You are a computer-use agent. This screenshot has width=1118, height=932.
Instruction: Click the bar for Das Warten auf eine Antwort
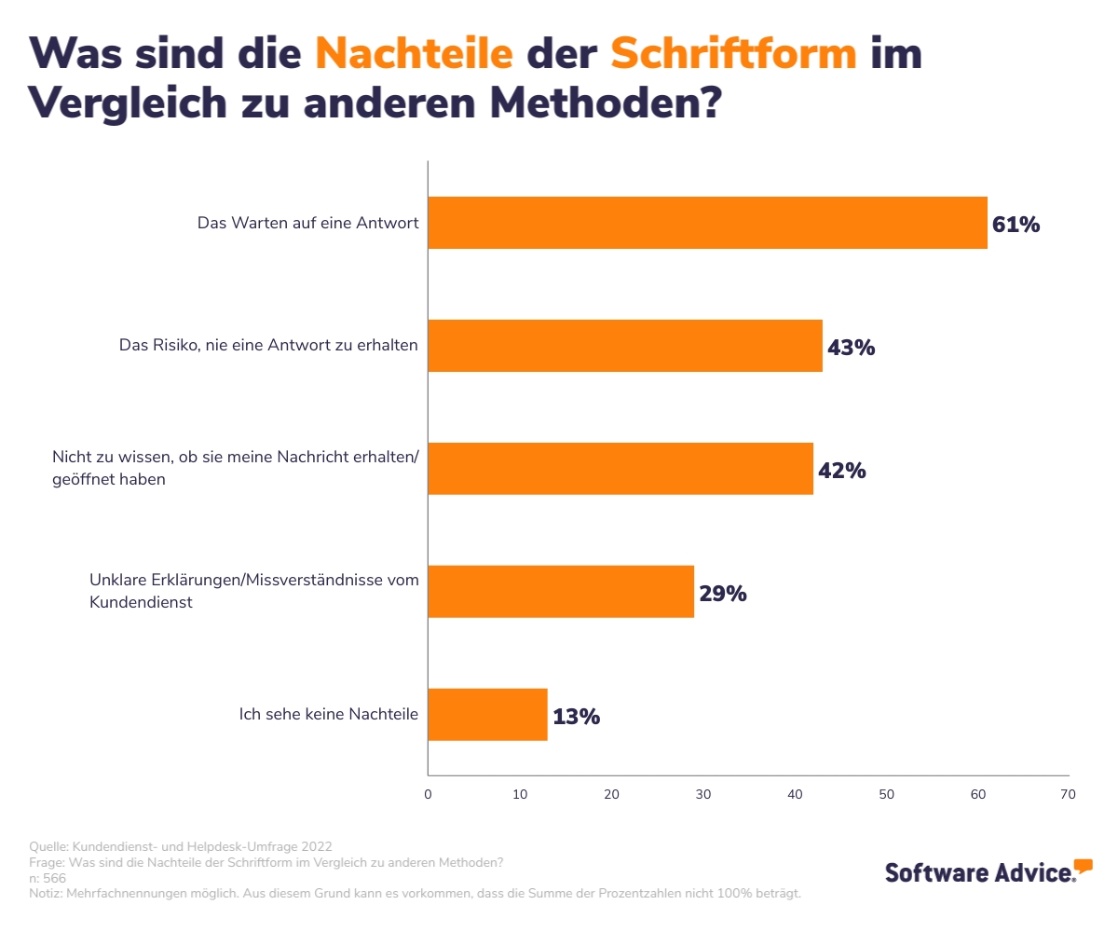pos(707,223)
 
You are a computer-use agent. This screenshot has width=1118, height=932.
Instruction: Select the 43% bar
pos(625,346)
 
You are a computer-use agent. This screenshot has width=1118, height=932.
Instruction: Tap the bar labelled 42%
pos(620,469)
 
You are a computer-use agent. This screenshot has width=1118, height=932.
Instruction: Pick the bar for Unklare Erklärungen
pos(561,592)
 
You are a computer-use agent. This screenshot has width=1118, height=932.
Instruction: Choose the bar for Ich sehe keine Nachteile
pos(487,715)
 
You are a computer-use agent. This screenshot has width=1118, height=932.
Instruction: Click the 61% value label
pos(1016,225)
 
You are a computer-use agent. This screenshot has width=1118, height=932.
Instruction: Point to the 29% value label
pos(723,594)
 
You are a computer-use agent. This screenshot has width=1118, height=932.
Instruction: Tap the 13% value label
pos(576,717)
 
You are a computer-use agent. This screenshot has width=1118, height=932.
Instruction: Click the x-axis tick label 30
pos(703,795)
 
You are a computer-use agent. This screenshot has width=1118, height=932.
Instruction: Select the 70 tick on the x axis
pos(1068,795)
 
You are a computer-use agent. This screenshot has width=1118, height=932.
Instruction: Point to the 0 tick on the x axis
pos(428,795)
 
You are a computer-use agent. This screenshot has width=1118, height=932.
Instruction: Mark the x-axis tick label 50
pos(886,795)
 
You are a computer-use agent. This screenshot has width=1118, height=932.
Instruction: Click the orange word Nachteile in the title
pos(414,54)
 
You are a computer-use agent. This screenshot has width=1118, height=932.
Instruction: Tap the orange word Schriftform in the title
pos(733,54)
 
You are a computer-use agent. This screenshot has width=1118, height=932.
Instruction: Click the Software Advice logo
pos(988,870)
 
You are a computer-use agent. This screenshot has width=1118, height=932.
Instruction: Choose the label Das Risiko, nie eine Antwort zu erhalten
pos(268,345)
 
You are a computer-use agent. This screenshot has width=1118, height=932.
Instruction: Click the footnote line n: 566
pos(48,878)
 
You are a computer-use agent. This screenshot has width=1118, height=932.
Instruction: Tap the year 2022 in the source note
pos(314,846)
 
